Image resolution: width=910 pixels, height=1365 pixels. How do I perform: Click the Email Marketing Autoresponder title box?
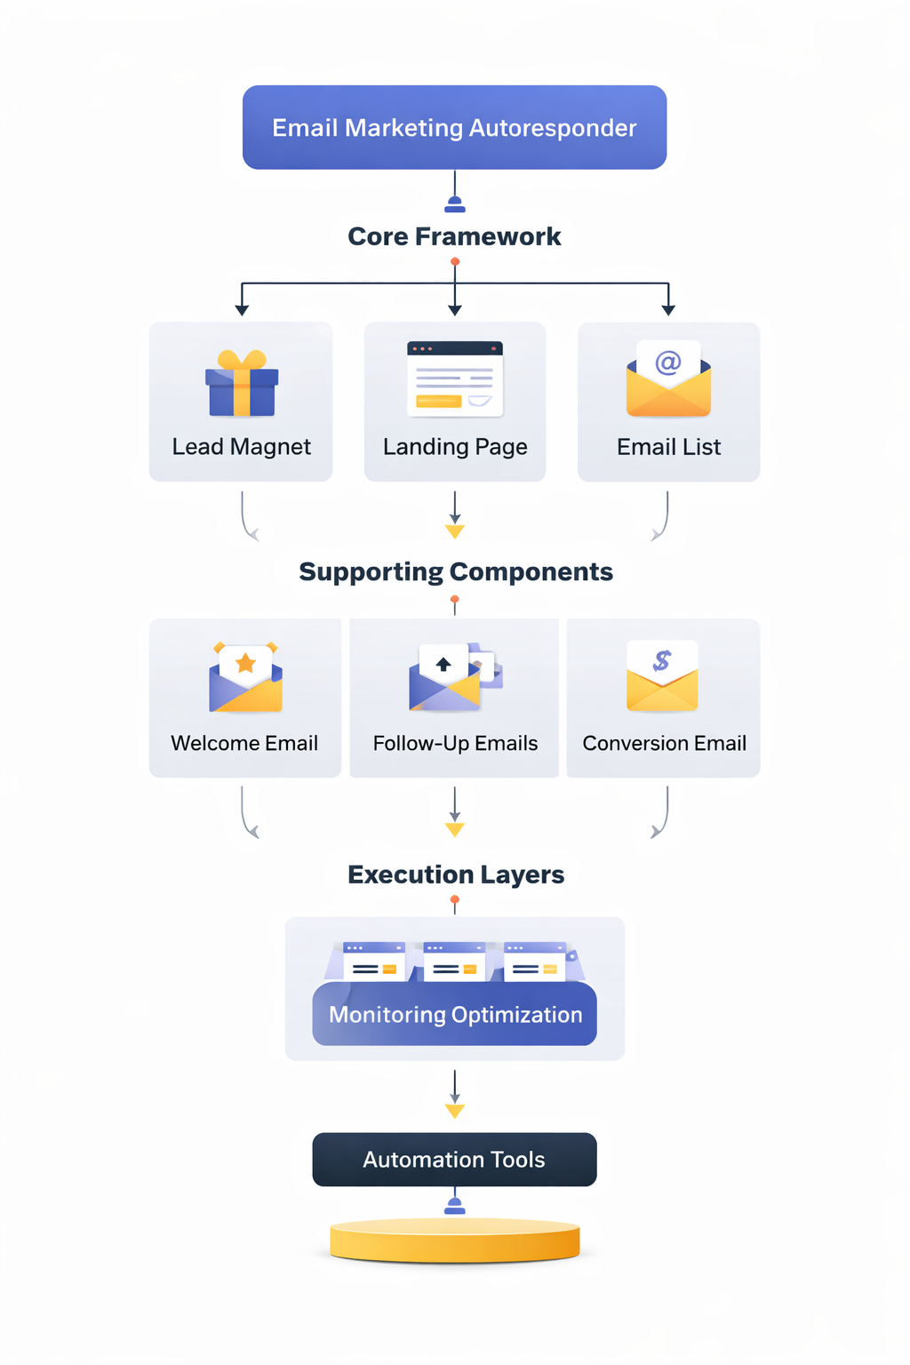click(x=454, y=127)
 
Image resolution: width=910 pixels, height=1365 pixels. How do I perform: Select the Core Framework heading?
click(x=454, y=236)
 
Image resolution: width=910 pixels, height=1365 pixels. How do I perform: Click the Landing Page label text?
click(x=455, y=446)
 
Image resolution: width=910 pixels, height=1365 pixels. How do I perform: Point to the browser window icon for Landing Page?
click(x=455, y=379)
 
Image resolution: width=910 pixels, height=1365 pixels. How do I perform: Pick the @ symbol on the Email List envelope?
click(x=668, y=362)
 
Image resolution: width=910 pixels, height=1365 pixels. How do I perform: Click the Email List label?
click(x=668, y=446)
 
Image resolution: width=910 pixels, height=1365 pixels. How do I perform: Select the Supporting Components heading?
click(x=455, y=571)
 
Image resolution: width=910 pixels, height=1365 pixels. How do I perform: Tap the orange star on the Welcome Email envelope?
click(x=246, y=663)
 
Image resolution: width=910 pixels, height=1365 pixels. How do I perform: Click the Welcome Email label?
click(x=244, y=743)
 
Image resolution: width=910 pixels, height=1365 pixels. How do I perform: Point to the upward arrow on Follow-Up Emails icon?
click(x=443, y=664)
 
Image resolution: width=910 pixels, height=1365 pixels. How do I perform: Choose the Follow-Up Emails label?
click(x=455, y=743)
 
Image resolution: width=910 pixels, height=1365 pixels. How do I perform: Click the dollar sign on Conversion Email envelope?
click(x=662, y=660)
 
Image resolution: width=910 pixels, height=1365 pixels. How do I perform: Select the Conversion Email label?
click(x=664, y=743)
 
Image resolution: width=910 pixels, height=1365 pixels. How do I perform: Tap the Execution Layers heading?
click(x=455, y=874)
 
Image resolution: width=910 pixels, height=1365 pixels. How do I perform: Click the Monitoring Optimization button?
click(x=455, y=1014)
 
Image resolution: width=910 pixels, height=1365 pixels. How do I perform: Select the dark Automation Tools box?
click(x=454, y=1159)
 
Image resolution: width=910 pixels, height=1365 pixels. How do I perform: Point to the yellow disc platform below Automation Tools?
click(x=454, y=1241)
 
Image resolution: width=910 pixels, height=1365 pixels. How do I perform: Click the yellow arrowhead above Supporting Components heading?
click(x=455, y=531)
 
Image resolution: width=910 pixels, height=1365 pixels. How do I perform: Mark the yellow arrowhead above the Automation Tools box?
click(x=455, y=1111)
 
